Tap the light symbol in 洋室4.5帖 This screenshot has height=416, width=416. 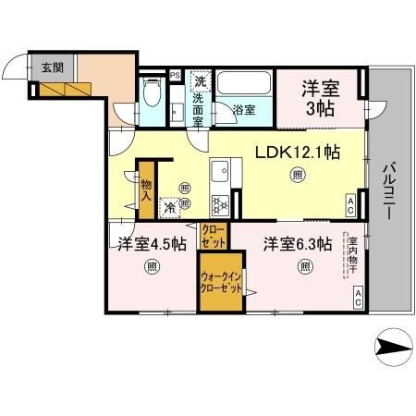pos(151,268)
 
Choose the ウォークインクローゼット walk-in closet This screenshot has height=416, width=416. pos(222,282)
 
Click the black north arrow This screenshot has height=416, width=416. pos(393,349)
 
